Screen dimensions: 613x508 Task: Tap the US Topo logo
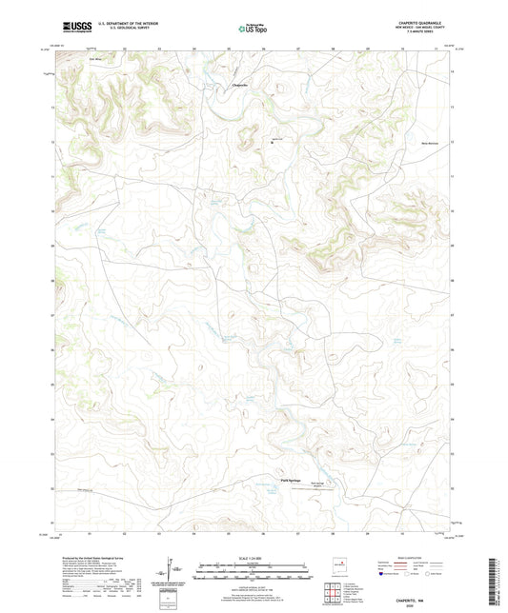(251, 29)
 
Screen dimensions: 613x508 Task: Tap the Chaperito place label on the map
(242, 86)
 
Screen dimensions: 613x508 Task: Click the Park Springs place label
(290, 480)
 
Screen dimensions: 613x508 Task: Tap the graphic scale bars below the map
(253, 571)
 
